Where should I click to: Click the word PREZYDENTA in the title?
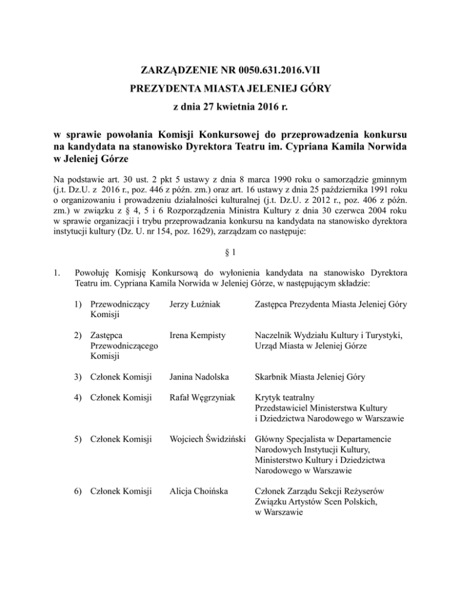(166, 92)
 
